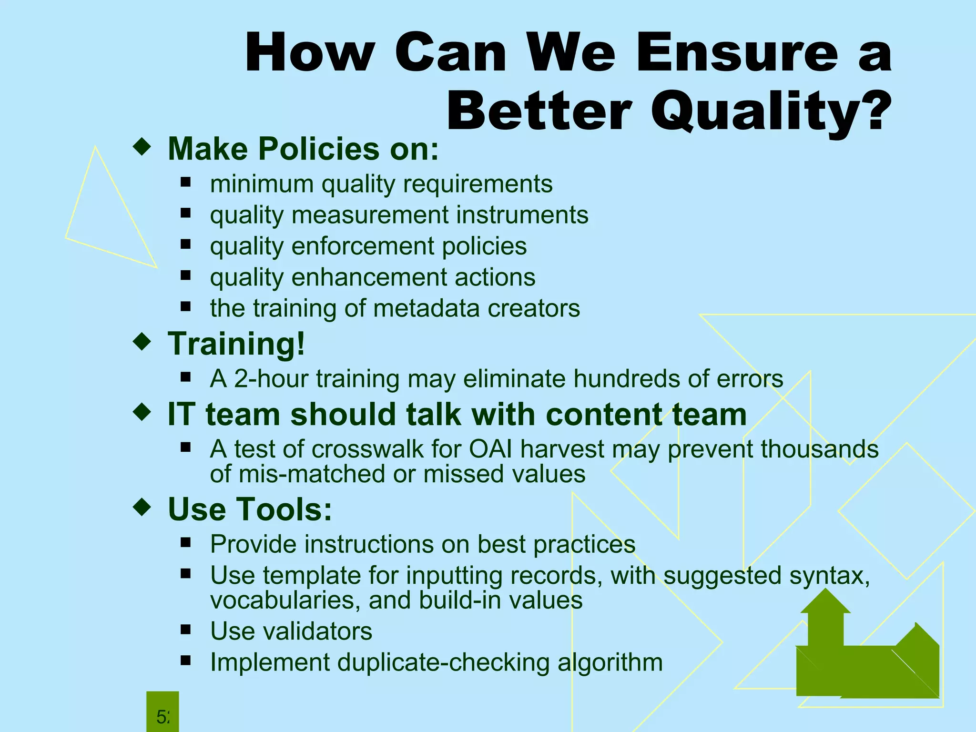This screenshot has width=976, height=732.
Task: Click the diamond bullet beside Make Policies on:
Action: (x=142, y=147)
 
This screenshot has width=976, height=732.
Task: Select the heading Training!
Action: (x=236, y=344)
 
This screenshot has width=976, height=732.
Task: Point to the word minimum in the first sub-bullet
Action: (x=262, y=184)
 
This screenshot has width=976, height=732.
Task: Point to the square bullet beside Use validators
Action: (x=185, y=630)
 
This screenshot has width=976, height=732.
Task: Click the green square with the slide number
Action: (x=163, y=712)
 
